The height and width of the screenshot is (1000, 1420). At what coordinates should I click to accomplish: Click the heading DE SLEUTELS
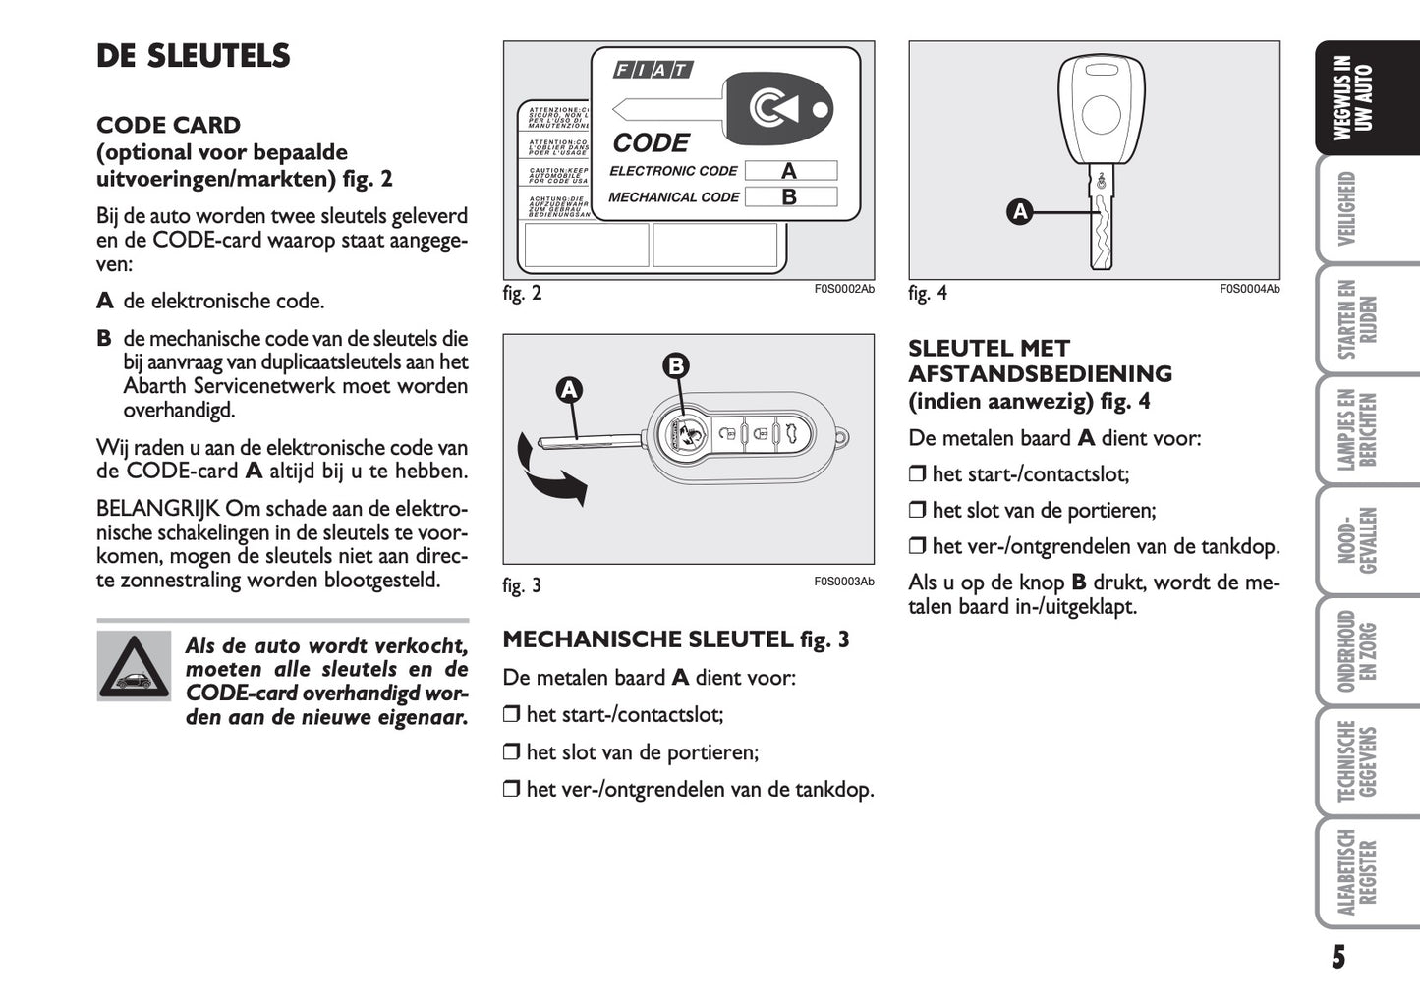(194, 56)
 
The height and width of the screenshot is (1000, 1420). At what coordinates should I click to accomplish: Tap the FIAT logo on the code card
(653, 70)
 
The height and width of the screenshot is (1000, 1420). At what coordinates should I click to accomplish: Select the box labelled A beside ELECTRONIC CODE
(790, 171)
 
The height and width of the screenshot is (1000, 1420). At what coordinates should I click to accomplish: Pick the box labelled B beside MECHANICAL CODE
(790, 196)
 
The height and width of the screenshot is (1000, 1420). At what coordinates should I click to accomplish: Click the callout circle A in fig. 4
(1020, 211)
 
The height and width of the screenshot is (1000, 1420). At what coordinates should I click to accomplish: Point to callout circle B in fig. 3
(675, 366)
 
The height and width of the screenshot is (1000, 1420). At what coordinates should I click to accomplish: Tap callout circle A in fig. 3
(568, 390)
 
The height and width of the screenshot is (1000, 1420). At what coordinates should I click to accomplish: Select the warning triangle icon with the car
(135, 665)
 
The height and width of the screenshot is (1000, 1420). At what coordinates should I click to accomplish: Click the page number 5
(1337, 957)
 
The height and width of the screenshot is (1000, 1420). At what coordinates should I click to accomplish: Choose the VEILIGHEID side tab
(1347, 208)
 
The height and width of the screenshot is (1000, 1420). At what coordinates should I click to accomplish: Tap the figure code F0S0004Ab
(1249, 289)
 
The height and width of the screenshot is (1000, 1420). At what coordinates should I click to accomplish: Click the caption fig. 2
(522, 293)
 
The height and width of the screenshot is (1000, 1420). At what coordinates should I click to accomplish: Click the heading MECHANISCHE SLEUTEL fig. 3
(675, 639)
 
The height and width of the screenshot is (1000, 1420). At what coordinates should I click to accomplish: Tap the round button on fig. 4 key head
(1102, 110)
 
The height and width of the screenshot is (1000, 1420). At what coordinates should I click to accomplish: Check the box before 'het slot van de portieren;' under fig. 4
(917, 511)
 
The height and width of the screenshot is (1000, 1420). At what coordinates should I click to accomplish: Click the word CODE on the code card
(651, 143)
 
